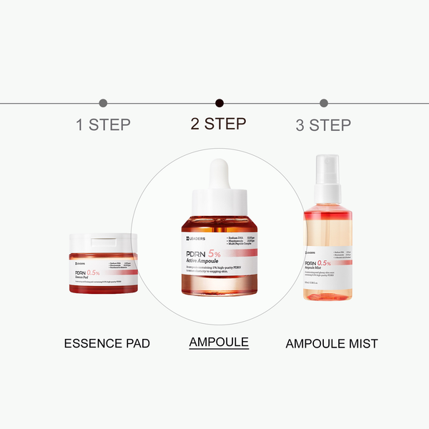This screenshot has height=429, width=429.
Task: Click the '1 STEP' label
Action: pyautogui.click(x=103, y=125)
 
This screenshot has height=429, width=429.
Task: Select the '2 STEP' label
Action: pyautogui.click(x=218, y=124)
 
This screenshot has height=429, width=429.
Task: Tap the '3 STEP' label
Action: pyautogui.click(x=323, y=125)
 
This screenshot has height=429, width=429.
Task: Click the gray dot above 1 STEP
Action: pyautogui.click(x=103, y=103)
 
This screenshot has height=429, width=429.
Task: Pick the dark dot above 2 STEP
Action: pyautogui.click(x=220, y=103)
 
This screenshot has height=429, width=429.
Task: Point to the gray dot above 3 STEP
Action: pyautogui.click(x=324, y=103)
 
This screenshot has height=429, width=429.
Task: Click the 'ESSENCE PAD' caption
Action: pyautogui.click(x=107, y=343)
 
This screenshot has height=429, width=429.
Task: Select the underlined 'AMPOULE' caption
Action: pyautogui.click(x=219, y=342)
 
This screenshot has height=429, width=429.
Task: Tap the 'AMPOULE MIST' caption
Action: pyautogui.click(x=332, y=344)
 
